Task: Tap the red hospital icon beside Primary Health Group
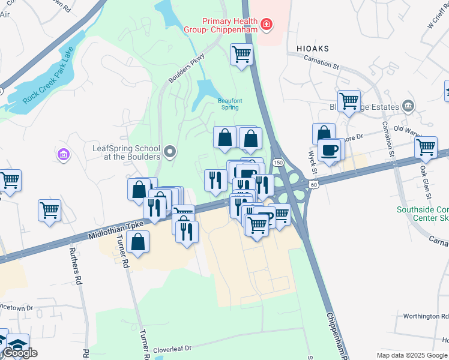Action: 266,25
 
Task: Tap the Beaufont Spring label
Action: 228,104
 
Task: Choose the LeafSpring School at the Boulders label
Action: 127,152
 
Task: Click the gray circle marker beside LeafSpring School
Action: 170,152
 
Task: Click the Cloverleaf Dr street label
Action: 172,348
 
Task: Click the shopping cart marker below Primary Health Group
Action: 241,55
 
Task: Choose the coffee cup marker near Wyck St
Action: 329,149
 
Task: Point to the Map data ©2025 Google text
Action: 412,355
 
